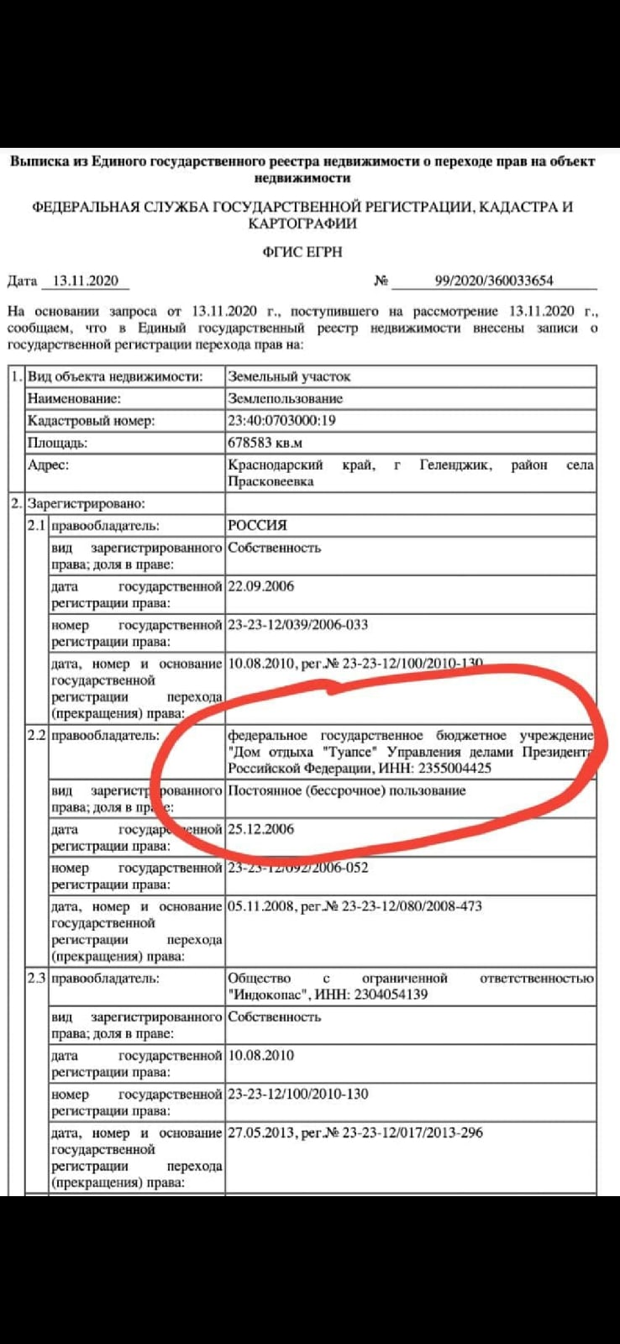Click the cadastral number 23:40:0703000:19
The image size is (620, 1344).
pos(281,421)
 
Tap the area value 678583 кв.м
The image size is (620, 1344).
pos(265,443)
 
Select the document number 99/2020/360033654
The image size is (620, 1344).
pos(494,281)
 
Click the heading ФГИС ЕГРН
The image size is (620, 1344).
pos(302,252)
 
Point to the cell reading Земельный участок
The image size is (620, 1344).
pos(289,376)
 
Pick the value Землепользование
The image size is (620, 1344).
pos(286,399)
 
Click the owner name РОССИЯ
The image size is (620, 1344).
pos(257,525)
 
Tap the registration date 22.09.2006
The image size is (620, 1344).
pos(261,586)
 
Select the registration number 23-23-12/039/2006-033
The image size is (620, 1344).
pos(298,625)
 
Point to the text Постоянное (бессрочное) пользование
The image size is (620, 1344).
pos(346,790)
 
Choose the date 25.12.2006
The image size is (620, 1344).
pos(261,829)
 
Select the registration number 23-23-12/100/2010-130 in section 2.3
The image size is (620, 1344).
pos(298,1094)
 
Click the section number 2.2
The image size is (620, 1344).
pos(36,736)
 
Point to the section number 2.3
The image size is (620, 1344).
pos(36,979)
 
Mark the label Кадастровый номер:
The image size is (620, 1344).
pos(91,421)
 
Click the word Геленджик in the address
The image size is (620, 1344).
pos(455,465)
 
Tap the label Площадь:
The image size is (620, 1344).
pos(57,443)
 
